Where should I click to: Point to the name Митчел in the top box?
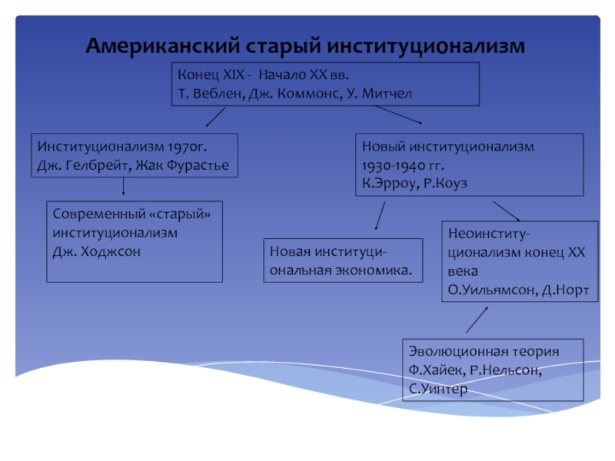pos(388,93)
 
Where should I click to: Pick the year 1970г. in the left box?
pos(189,145)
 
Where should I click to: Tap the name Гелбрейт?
pos(102,164)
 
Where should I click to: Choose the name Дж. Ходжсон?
pos(97,251)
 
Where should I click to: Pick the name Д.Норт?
pos(564,290)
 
